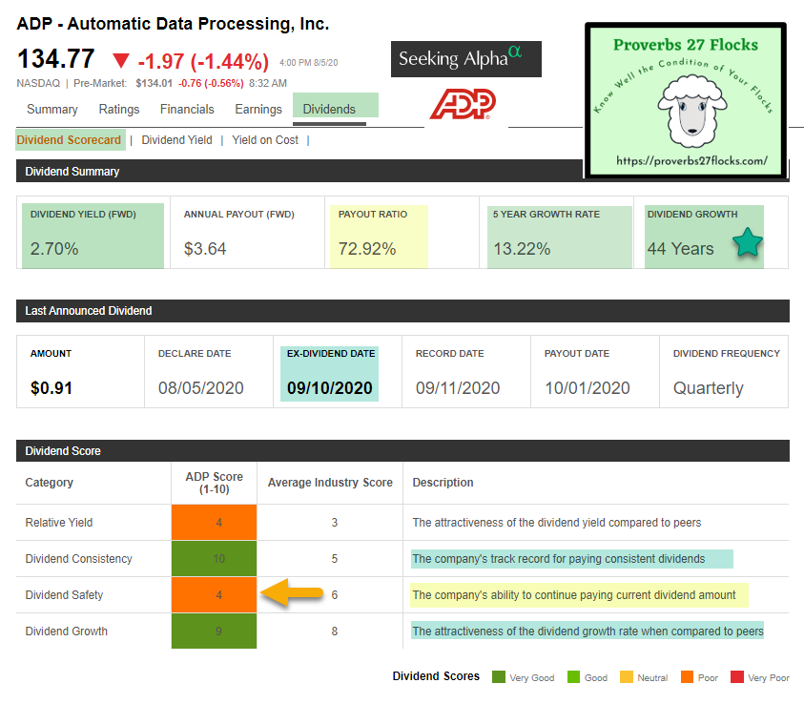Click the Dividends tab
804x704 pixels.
click(x=329, y=109)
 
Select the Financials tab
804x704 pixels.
click(x=187, y=109)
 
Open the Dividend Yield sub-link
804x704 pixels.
click(x=176, y=140)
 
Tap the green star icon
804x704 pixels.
click(x=748, y=245)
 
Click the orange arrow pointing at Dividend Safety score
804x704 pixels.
click(x=291, y=594)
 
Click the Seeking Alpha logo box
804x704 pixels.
click(x=465, y=59)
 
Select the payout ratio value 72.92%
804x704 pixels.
click(x=367, y=249)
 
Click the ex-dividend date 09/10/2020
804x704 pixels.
click(x=330, y=388)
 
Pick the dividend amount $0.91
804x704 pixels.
click(x=52, y=388)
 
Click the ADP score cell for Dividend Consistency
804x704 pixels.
click(x=215, y=558)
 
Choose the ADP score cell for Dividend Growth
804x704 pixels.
click(x=215, y=631)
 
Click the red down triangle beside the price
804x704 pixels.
click(x=120, y=61)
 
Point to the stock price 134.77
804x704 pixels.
click(x=55, y=60)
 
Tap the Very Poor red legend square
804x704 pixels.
click(x=735, y=677)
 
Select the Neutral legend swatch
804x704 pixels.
click(x=626, y=677)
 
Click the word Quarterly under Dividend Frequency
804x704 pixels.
click(x=708, y=388)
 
